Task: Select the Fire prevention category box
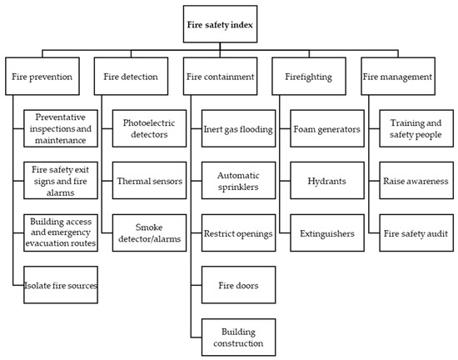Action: click(x=48, y=77)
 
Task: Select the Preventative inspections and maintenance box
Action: click(x=60, y=127)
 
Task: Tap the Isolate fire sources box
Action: click(x=60, y=285)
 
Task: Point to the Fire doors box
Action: click(x=239, y=285)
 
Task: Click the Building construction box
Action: click(x=239, y=337)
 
